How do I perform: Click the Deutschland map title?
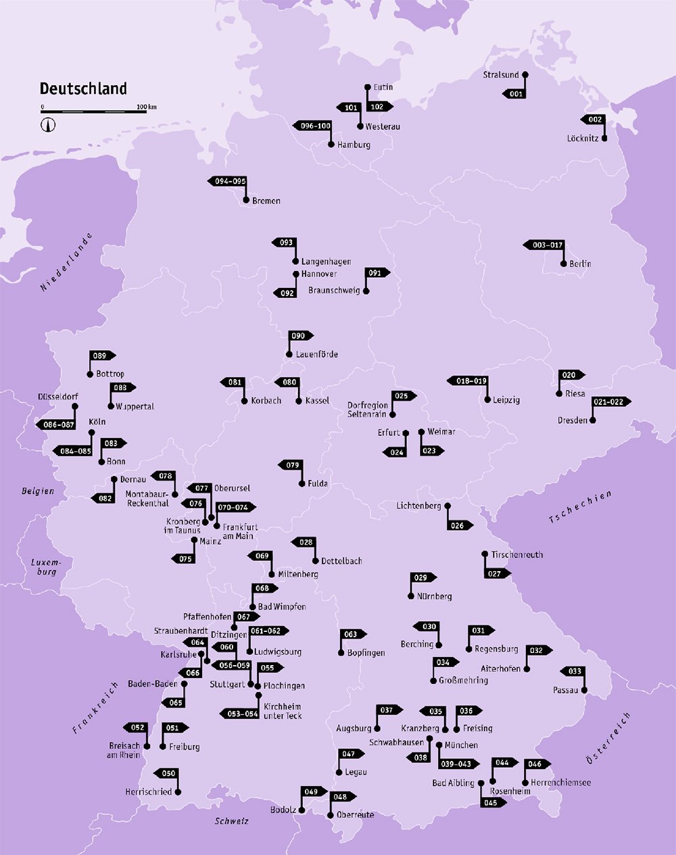[x=83, y=89]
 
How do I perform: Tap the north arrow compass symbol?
[x=49, y=124]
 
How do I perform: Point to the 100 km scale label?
[x=147, y=107]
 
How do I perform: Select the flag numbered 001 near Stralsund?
[x=515, y=94]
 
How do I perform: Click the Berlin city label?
[x=580, y=264]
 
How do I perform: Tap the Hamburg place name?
[x=354, y=145]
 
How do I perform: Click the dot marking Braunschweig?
[x=366, y=291]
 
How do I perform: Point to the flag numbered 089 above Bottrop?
[x=101, y=356]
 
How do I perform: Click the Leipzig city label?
[x=506, y=400]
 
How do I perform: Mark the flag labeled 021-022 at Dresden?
[x=610, y=401]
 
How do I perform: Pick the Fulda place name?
[x=318, y=483]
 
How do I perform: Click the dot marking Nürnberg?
[x=411, y=596]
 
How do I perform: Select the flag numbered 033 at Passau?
[x=573, y=671]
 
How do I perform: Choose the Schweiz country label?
[x=232, y=821]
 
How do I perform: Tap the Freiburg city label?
[x=185, y=747]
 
